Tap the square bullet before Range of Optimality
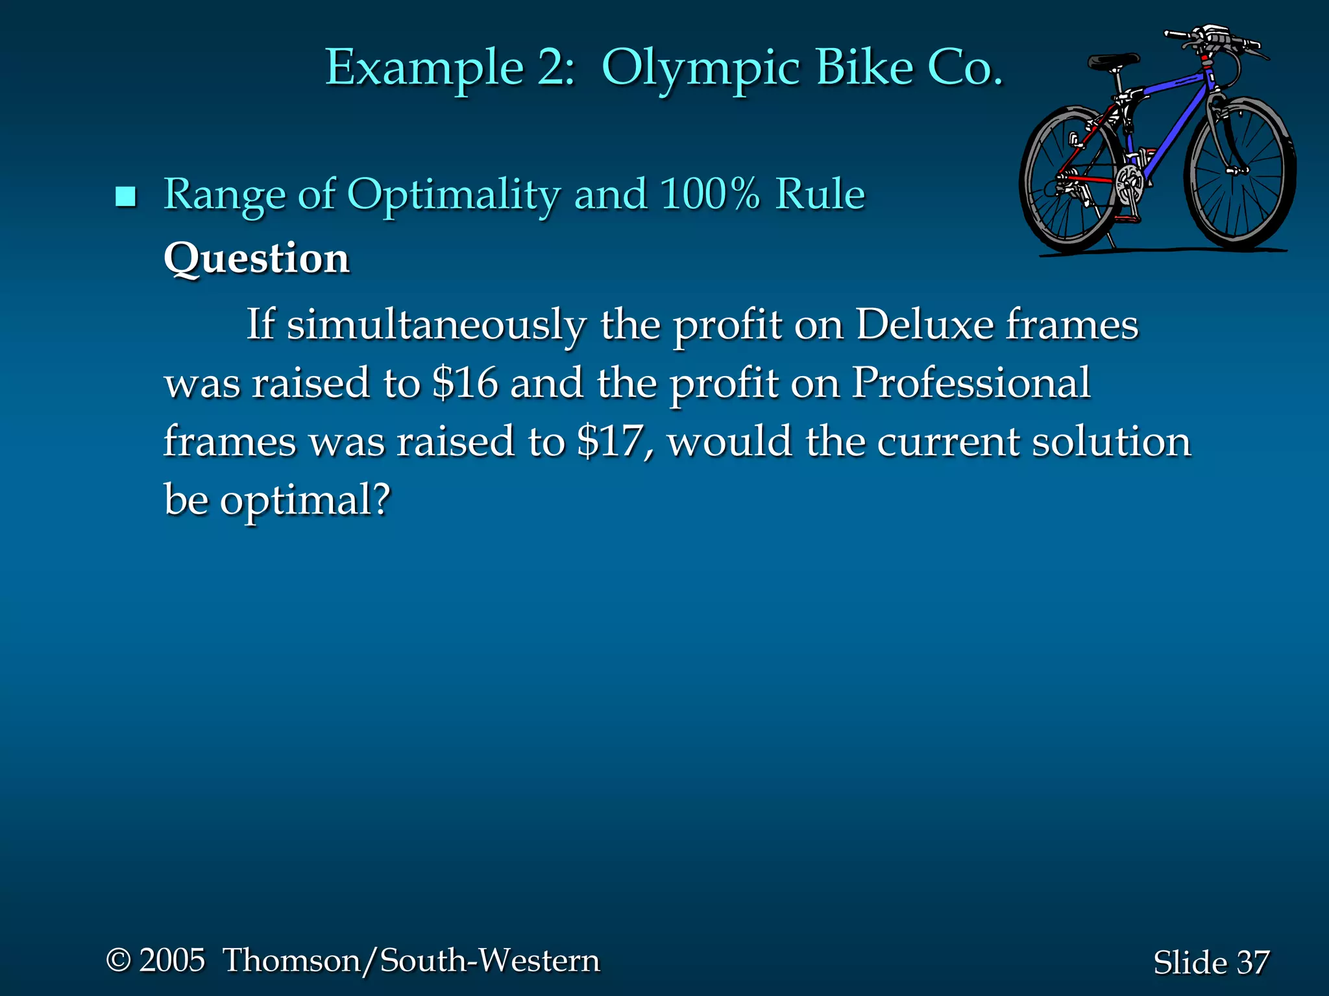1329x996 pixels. [x=125, y=196]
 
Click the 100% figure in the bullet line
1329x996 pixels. [x=710, y=193]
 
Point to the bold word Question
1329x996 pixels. [x=256, y=258]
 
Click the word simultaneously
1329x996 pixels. [x=436, y=324]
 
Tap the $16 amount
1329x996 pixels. [x=465, y=383]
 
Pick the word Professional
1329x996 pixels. [x=970, y=383]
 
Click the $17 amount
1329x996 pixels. [x=614, y=441]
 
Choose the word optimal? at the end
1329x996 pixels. [x=305, y=500]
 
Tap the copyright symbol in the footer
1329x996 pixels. [x=119, y=960]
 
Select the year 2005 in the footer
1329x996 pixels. [x=172, y=960]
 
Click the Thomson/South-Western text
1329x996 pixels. [x=411, y=960]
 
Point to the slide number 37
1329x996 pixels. [x=1252, y=962]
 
